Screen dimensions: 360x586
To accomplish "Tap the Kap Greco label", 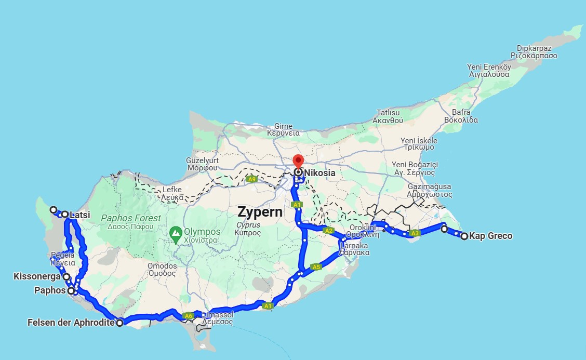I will point(490,236).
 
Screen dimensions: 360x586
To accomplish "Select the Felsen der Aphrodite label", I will point(71,323).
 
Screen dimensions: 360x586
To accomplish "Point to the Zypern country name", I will point(260,212).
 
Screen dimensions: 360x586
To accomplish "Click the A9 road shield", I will point(252,179).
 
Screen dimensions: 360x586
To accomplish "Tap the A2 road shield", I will point(328,231).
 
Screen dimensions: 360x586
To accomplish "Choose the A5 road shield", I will point(317,267).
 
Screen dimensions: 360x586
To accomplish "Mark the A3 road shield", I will point(414,233).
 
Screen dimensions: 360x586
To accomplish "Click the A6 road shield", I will point(189,315).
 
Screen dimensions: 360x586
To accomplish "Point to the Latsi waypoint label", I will point(77,215).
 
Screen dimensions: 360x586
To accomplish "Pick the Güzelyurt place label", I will point(203,161).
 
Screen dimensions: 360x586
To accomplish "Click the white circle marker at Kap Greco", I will point(464,236).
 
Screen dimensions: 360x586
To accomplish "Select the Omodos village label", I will point(163,266).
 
